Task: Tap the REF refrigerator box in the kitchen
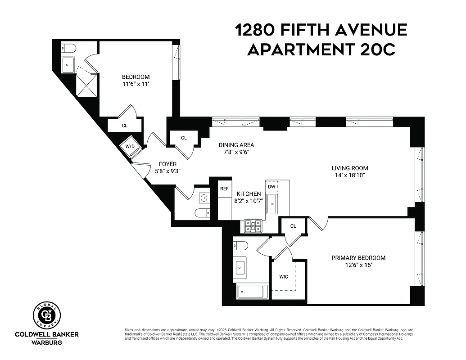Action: [224, 189]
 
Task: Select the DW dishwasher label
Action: [271, 186]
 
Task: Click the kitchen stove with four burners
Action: [253, 225]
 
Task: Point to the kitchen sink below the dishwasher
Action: [272, 204]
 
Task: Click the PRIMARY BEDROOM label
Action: [358, 258]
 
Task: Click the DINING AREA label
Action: [236, 145]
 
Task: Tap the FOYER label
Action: [167, 164]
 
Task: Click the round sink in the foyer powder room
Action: [204, 197]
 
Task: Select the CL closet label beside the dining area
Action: [184, 138]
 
